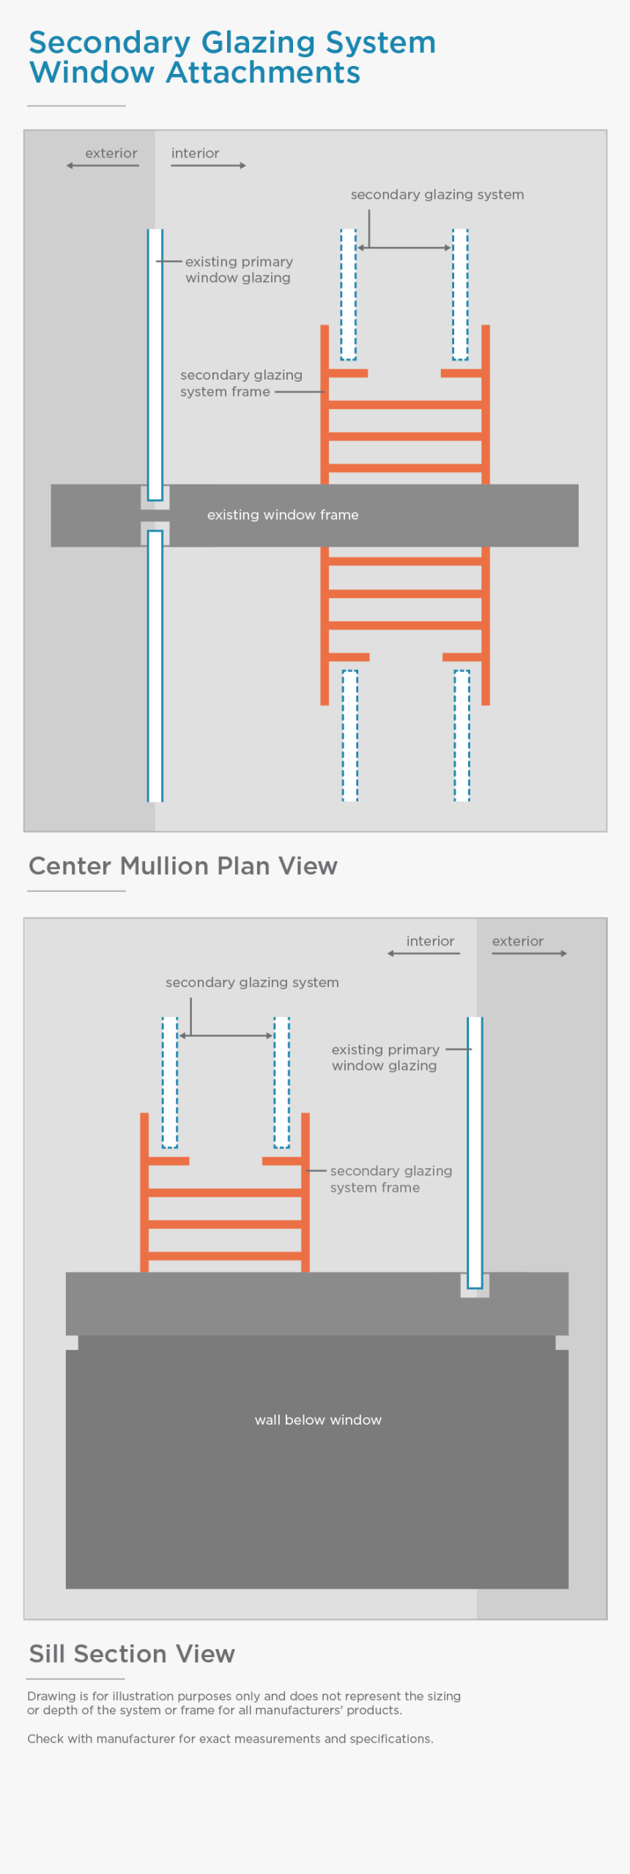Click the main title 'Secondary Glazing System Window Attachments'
click(231, 57)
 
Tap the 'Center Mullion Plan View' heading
click(182, 866)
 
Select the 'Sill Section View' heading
click(132, 1653)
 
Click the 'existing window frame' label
click(283, 514)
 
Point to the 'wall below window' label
click(318, 1420)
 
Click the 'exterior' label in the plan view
click(111, 153)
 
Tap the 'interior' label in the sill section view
click(430, 941)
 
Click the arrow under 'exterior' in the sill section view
click(529, 953)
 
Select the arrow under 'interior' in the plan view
click(208, 166)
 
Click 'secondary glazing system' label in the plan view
click(437, 194)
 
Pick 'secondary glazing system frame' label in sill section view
click(390, 1178)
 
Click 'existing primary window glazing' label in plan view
click(238, 270)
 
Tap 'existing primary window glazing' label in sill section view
click(385, 1058)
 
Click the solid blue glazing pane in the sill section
click(475, 1151)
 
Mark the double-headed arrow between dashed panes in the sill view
click(226, 1036)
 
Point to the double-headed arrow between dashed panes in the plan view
click(404, 248)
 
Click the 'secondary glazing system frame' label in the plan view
click(240, 383)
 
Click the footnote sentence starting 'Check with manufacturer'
click(230, 1738)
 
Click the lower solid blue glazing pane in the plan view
click(155, 665)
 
